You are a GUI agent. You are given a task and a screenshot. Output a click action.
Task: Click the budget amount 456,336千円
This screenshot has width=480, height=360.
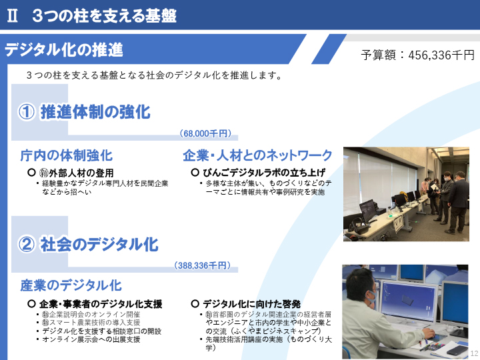441,55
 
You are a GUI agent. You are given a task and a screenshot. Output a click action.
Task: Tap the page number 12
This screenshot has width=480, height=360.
474,353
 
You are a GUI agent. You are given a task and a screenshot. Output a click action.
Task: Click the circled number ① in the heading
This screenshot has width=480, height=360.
26,112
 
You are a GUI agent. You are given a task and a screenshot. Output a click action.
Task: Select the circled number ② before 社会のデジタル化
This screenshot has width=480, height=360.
26,245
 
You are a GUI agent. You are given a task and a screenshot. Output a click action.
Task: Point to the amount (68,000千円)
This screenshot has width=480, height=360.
205,133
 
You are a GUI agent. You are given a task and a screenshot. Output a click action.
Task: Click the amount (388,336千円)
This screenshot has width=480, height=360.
203,265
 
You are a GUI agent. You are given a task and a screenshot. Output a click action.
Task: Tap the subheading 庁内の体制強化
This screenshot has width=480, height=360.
67,155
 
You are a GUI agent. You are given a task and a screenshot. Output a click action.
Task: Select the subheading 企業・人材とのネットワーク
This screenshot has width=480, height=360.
257,155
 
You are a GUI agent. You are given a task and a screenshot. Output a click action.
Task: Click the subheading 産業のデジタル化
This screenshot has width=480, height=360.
71,285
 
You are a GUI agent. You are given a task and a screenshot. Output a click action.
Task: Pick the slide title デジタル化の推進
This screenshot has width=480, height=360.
64,49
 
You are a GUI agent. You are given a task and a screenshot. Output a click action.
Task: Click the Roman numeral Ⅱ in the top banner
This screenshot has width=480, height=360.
12,15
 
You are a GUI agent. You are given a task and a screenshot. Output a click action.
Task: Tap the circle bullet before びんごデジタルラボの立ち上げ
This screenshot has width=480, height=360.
195,173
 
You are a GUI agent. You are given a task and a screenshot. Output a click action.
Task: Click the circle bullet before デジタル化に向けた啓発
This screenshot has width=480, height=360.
195,304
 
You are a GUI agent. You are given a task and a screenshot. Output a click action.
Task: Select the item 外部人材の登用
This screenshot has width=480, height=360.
81,173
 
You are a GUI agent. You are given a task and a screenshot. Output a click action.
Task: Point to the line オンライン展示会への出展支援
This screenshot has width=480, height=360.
91,339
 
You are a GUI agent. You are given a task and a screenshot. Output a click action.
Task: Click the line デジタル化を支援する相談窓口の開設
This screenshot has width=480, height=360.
101,331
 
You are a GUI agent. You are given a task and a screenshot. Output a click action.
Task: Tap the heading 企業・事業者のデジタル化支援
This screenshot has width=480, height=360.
101,304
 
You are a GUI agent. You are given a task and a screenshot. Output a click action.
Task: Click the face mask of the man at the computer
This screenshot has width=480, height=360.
372,297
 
